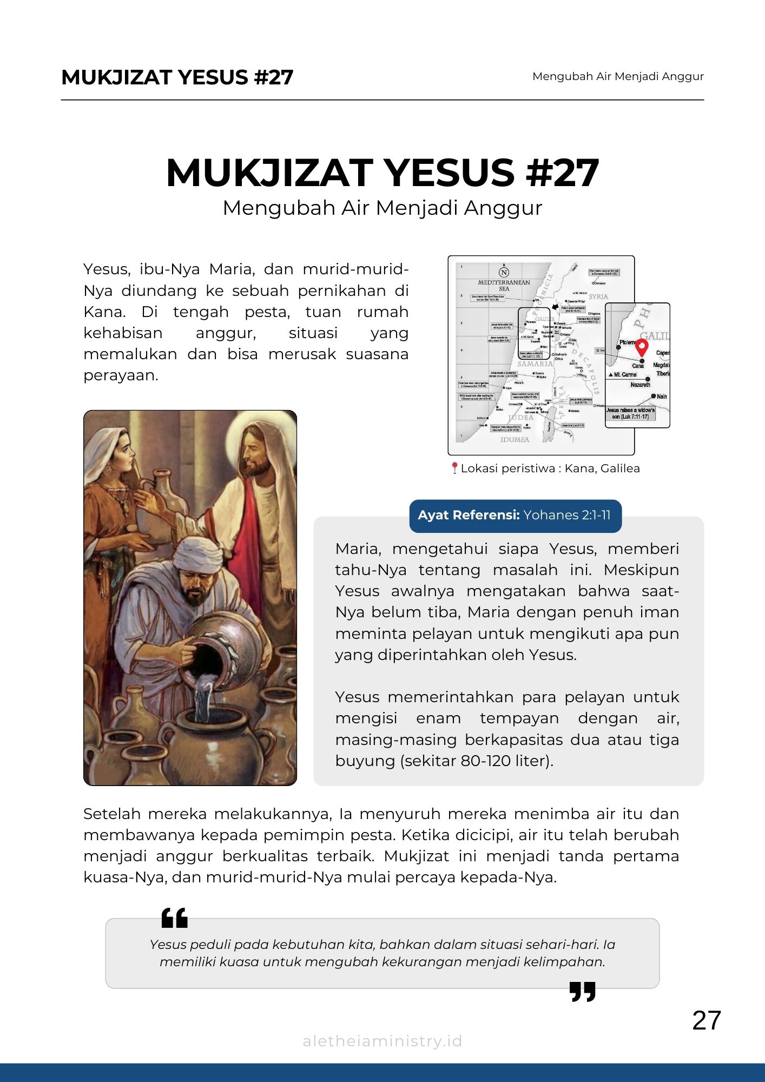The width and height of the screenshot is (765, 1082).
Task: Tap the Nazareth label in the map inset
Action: point(640,385)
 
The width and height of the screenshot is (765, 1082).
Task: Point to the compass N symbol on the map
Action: point(504,272)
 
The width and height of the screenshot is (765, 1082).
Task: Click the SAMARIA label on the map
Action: point(535,364)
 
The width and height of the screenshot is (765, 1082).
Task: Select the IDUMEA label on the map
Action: point(515,440)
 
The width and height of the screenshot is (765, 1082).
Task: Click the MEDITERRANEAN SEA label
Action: point(504,286)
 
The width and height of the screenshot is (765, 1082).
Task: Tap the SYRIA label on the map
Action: point(598,296)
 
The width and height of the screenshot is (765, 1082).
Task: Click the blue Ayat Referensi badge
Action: point(515,515)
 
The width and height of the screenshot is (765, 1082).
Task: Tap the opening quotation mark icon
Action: point(175,918)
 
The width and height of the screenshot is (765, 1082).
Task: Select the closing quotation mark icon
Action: point(583,992)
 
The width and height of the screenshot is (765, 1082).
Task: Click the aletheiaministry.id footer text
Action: point(382,1041)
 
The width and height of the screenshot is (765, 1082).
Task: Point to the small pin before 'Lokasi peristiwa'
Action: point(454,468)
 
